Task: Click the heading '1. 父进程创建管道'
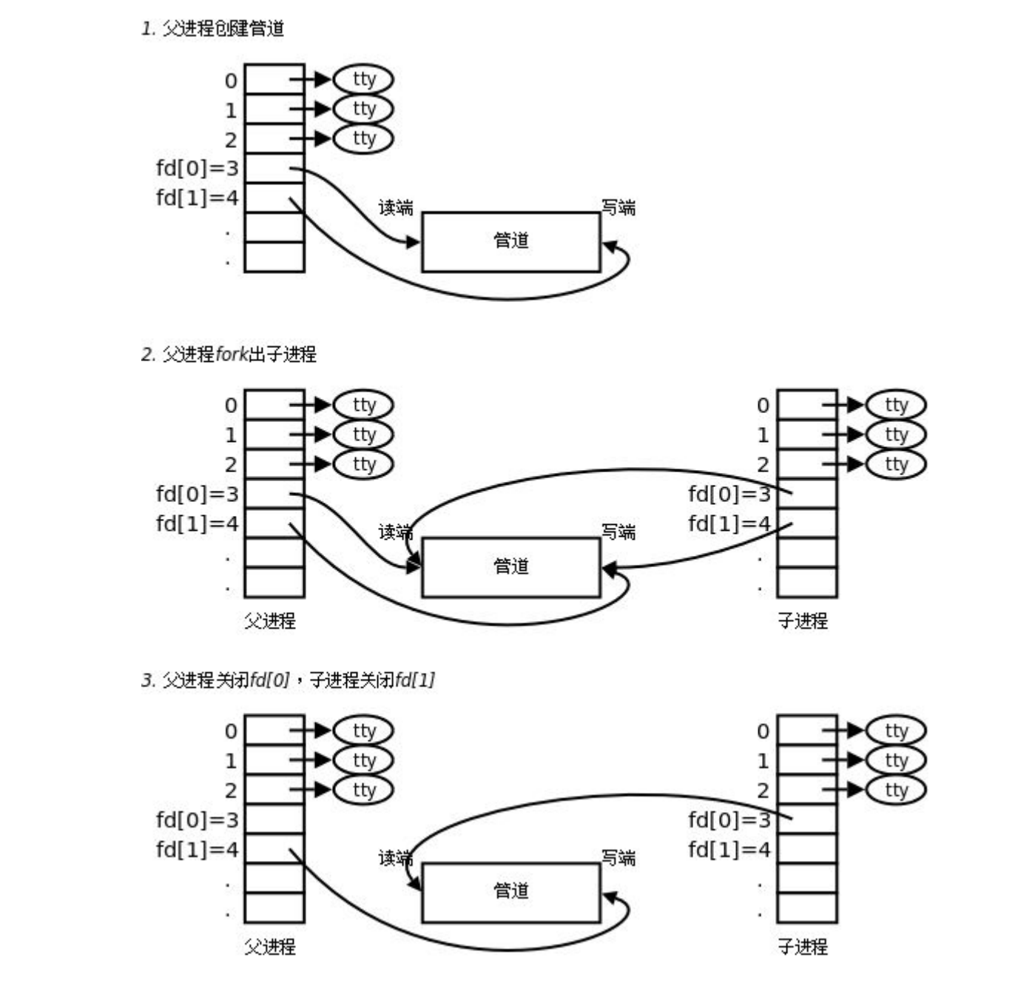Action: [213, 29]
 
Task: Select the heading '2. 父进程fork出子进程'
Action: [229, 355]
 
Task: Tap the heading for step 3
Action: [288, 680]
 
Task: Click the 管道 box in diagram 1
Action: [510, 241]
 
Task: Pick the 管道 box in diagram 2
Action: [510, 567]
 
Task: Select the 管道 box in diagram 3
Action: [510, 891]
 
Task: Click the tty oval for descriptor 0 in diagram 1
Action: [363, 79]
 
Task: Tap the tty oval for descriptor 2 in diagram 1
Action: [363, 138]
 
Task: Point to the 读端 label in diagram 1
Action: [396, 208]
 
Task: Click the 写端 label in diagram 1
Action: [618, 208]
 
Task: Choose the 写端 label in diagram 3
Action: [618, 858]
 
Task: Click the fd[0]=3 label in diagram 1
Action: [198, 169]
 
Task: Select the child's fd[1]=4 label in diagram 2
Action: [729, 524]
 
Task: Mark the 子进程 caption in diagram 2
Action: [803, 621]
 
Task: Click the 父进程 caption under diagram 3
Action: [270, 947]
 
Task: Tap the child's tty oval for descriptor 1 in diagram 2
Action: [896, 435]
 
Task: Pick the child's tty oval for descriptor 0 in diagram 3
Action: [896, 731]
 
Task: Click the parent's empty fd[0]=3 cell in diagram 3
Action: [274, 819]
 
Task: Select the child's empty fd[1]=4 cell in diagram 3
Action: [807, 849]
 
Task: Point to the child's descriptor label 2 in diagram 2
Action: [763, 465]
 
